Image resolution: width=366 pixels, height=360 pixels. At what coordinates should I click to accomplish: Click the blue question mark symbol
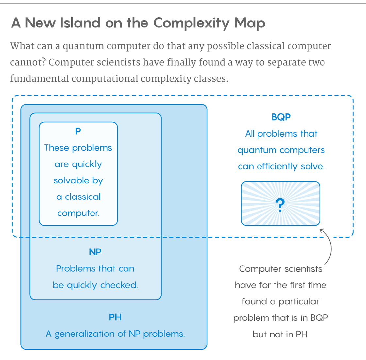(x=280, y=205)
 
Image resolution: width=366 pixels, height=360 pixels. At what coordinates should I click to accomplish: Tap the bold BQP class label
(x=281, y=117)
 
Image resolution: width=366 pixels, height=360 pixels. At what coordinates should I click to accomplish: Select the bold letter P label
(x=78, y=131)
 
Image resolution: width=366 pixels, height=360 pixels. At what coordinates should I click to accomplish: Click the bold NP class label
(x=95, y=252)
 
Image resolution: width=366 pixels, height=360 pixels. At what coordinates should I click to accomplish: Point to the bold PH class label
(x=115, y=317)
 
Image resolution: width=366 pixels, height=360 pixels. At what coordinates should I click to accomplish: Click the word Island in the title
(x=80, y=23)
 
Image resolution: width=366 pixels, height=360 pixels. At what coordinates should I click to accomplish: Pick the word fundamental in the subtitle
(x=40, y=78)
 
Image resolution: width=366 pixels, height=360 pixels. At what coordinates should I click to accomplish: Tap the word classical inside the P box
(x=83, y=197)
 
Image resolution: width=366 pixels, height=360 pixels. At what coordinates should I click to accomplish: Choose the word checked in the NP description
(x=119, y=285)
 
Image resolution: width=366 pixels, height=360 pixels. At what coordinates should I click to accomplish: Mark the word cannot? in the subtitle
(x=28, y=62)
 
